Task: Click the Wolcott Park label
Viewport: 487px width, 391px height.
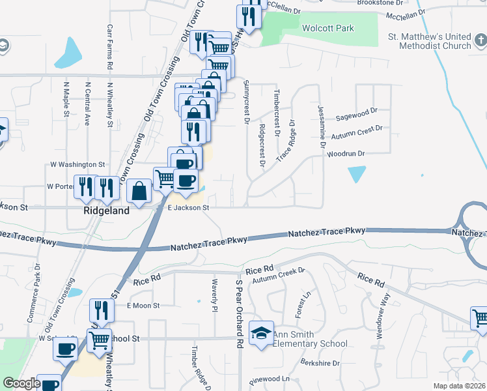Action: tap(327, 28)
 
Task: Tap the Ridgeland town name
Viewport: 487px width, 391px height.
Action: tap(106, 211)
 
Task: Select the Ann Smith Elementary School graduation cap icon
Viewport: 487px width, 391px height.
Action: tap(262, 333)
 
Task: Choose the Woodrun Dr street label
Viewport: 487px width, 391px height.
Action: tap(346, 154)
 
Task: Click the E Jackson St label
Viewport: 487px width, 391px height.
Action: tap(188, 208)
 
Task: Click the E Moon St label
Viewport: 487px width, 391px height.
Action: tap(143, 305)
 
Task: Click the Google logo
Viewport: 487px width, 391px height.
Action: tap(21, 383)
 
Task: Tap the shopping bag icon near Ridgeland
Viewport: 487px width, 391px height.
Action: tap(139, 191)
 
